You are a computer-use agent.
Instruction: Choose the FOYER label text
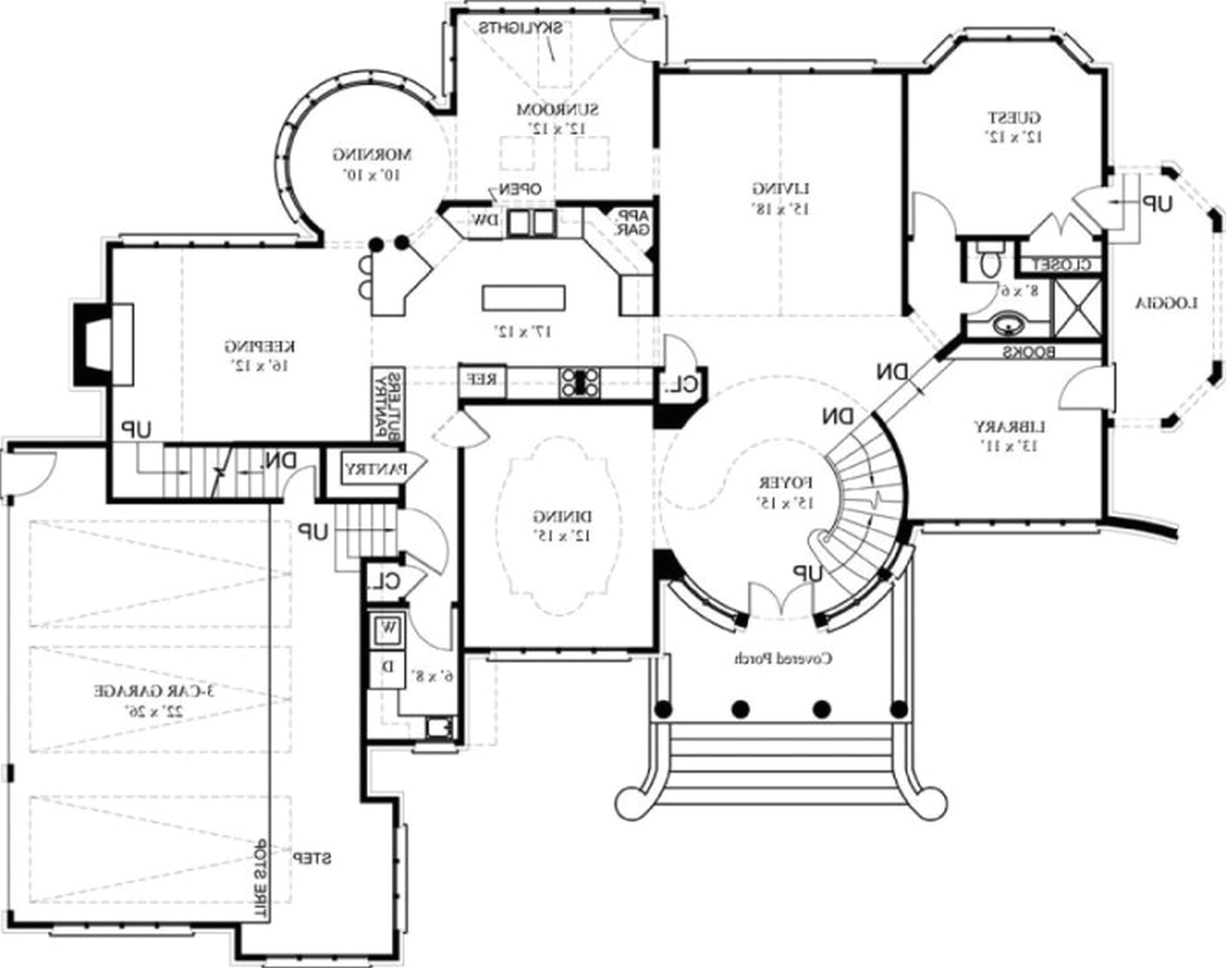pyautogui.click(x=785, y=483)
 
